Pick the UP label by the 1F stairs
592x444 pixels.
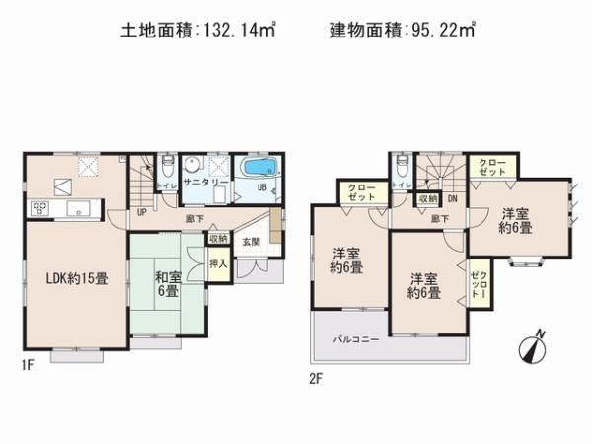142,211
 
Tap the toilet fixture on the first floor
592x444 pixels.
168,167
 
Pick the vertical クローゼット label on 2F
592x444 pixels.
479,285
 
